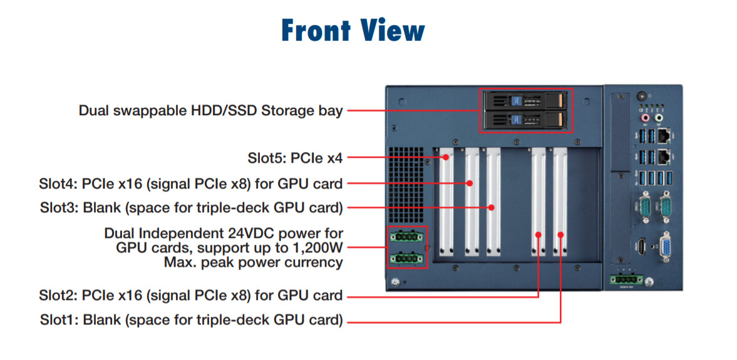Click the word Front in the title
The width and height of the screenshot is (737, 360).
[315, 29]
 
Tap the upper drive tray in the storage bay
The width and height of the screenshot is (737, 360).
[526, 100]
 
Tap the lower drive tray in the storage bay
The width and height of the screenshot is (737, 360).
[526, 120]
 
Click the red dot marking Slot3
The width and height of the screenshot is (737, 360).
[492, 207]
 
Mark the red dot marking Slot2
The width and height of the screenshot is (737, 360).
[539, 234]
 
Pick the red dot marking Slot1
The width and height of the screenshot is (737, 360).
[561, 235]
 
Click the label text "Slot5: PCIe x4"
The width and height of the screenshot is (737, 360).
[296, 158]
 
